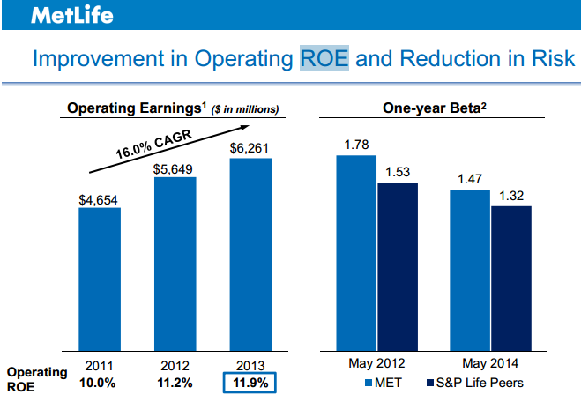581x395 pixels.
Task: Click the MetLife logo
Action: pos(59,15)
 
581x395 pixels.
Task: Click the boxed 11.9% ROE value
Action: pos(250,383)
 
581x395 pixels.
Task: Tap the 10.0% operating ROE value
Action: pos(99,383)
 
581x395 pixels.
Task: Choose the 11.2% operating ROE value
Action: pos(175,383)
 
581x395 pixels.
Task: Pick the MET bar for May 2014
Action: pos(470,270)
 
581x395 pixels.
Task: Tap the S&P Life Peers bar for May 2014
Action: pos(510,278)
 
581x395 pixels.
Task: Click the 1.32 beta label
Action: pos(510,196)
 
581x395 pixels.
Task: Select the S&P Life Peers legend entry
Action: pos(470,382)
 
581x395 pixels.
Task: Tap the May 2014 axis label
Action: pos(489,363)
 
